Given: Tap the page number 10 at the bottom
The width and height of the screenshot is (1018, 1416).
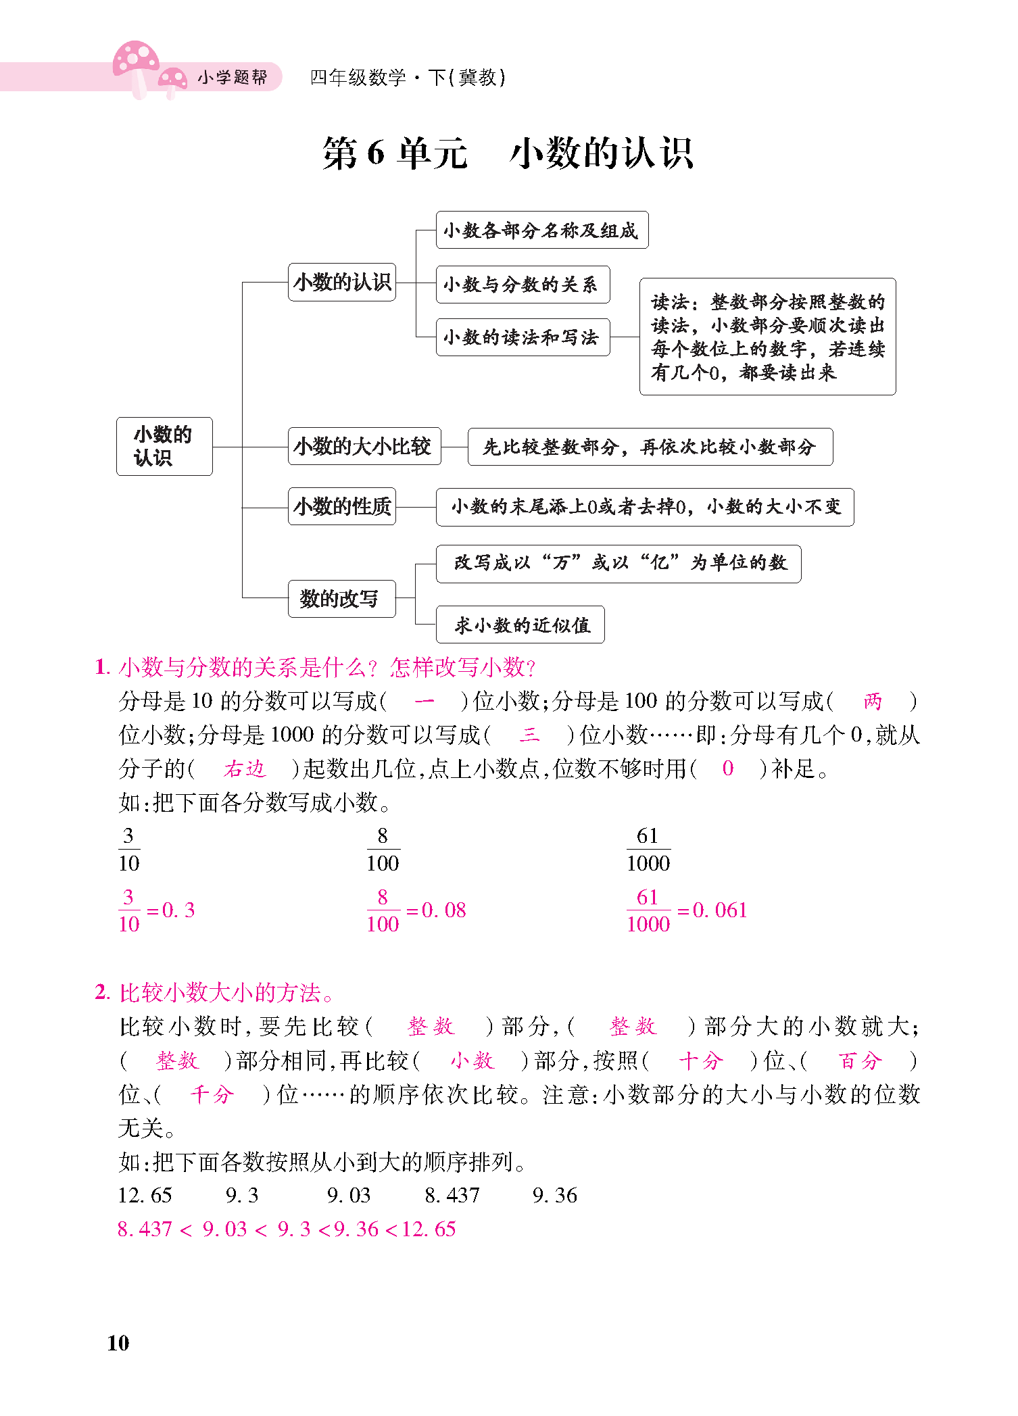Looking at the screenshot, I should [x=118, y=1342].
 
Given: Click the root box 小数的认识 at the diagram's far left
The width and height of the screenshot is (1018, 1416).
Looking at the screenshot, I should [x=164, y=446].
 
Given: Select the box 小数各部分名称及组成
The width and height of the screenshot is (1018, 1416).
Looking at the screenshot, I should [x=541, y=230].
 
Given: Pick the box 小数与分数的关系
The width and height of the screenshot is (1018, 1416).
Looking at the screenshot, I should [x=523, y=285].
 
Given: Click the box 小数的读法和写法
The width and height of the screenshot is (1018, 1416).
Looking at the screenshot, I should [x=523, y=337].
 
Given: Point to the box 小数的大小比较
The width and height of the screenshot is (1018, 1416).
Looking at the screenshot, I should [x=364, y=446].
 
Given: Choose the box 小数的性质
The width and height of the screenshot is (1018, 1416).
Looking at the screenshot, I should [x=342, y=506].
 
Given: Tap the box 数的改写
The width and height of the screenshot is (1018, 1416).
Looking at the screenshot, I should [x=341, y=599].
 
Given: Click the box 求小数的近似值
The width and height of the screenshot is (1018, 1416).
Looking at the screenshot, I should [x=520, y=625].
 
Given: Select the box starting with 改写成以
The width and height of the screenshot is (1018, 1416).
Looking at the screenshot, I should [x=619, y=563].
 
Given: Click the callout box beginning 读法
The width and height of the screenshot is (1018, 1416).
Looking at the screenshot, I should [x=767, y=337].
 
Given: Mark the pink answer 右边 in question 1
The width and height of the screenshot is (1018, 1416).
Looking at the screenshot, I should [x=245, y=768].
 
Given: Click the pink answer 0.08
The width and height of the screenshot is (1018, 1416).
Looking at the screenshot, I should [x=444, y=910].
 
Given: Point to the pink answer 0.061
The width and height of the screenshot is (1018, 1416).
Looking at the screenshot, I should [x=721, y=910].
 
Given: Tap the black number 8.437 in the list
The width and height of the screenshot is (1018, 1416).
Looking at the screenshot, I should [x=452, y=1196].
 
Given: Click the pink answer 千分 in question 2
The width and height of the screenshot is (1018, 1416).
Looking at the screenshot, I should [x=212, y=1094].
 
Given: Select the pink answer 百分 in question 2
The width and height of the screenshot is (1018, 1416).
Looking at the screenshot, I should [x=860, y=1060].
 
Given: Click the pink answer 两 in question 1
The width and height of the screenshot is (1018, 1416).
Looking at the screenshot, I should [x=873, y=701].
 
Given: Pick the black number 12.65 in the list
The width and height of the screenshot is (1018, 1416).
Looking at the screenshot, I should [x=145, y=1196].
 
